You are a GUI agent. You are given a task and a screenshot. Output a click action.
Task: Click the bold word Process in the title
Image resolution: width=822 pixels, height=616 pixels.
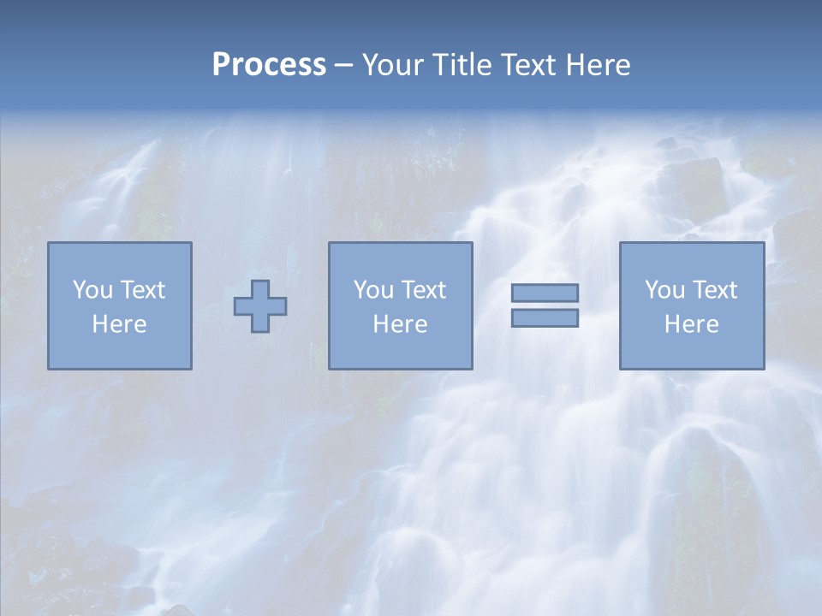[x=269, y=65]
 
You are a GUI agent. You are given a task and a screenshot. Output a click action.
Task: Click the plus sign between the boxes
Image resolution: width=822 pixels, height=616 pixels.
[x=260, y=306]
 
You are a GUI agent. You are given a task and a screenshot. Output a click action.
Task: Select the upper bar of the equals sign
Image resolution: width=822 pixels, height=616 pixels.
[x=545, y=293]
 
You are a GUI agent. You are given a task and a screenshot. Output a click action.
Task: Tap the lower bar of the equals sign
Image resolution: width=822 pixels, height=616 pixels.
[x=545, y=318]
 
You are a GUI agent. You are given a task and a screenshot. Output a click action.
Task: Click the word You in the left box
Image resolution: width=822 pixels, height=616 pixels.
[x=92, y=290]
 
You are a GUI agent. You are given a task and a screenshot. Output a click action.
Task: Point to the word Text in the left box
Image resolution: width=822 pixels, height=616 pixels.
[x=142, y=290]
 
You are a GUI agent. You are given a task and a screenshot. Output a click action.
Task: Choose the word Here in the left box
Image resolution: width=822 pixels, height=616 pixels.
[x=119, y=324]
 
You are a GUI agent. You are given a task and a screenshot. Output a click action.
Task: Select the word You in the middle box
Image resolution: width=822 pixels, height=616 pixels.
[x=373, y=290]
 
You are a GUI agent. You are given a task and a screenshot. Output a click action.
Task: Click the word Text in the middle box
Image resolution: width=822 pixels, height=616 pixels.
[x=423, y=290]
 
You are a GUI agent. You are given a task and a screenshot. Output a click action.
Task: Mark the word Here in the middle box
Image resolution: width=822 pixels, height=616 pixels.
[x=400, y=324]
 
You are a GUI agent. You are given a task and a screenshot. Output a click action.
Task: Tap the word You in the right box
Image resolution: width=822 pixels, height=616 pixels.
[x=664, y=290]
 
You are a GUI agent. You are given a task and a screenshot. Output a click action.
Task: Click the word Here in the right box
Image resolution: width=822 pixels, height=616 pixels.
[x=691, y=324]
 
